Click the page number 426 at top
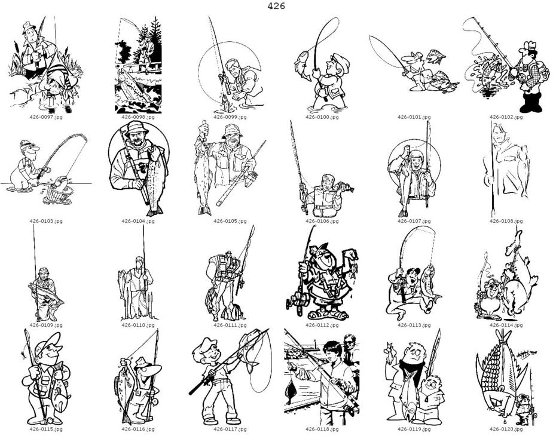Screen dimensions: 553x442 [x=276, y=6]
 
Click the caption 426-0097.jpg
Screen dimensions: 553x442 [x=46, y=117]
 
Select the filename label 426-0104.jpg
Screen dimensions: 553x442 [x=138, y=221]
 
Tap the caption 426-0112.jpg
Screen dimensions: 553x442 [x=322, y=325]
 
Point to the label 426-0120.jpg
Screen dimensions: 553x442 [x=506, y=429]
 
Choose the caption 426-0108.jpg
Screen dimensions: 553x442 [x=506, y=221]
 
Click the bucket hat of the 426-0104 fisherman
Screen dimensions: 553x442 [x=136, y=128]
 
